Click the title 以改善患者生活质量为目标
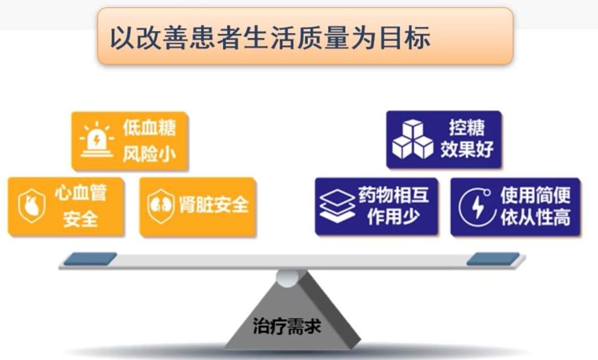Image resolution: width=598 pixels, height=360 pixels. (270, 37)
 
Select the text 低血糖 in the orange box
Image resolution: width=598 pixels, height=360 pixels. (149, 127)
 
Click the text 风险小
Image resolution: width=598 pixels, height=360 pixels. (149, 154)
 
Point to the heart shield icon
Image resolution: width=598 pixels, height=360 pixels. (32, 206)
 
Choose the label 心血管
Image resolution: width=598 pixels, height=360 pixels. (80, 193)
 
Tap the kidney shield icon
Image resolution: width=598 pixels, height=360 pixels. (161, 206)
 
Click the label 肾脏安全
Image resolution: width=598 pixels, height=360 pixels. (214, 205)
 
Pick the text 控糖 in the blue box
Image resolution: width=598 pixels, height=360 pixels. (467, 127)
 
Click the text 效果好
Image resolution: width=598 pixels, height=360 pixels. (467, 149)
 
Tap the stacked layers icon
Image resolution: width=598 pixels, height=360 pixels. (337, 206)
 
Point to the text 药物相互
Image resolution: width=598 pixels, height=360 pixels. (393, 195)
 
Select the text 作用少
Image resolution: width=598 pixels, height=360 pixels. (393, 216)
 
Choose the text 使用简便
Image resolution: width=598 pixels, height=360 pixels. (535, 195)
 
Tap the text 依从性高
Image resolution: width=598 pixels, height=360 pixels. (535, 217)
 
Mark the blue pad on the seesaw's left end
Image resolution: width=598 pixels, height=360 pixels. (91, 259)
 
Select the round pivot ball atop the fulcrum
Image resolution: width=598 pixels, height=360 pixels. (287, 278)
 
